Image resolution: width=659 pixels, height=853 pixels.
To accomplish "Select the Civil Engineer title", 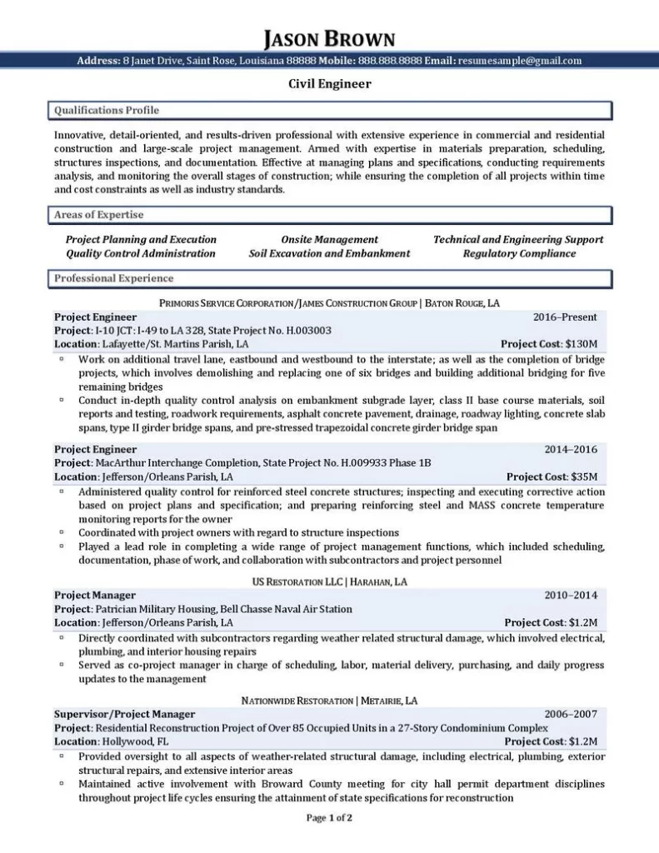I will (329, 83).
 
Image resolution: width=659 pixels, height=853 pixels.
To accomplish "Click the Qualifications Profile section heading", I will (106, 110).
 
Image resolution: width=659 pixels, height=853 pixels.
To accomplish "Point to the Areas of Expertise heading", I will (98, 215).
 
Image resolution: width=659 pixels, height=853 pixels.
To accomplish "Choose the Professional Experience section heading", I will (113, 278).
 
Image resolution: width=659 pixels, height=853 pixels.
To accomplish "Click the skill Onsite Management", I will (329, 239).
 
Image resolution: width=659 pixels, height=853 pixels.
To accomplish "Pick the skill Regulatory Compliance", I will (519, 253).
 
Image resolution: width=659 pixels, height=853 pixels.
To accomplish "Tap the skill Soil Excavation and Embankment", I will (329, 253).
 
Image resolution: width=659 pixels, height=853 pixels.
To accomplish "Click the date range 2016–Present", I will (565, 317).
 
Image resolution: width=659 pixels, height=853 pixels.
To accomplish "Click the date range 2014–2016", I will (571, 450).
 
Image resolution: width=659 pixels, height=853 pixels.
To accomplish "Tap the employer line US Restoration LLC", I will (329, 581).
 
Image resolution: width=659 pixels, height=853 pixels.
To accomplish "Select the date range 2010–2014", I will (571, 596).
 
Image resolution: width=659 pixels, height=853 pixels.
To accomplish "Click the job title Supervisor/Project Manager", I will (124, 714).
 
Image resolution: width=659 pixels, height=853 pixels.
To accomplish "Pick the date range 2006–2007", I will (571, 714).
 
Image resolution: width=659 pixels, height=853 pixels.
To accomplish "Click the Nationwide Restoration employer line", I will (329, 700).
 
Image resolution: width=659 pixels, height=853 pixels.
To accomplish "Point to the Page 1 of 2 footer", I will (329, 818).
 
